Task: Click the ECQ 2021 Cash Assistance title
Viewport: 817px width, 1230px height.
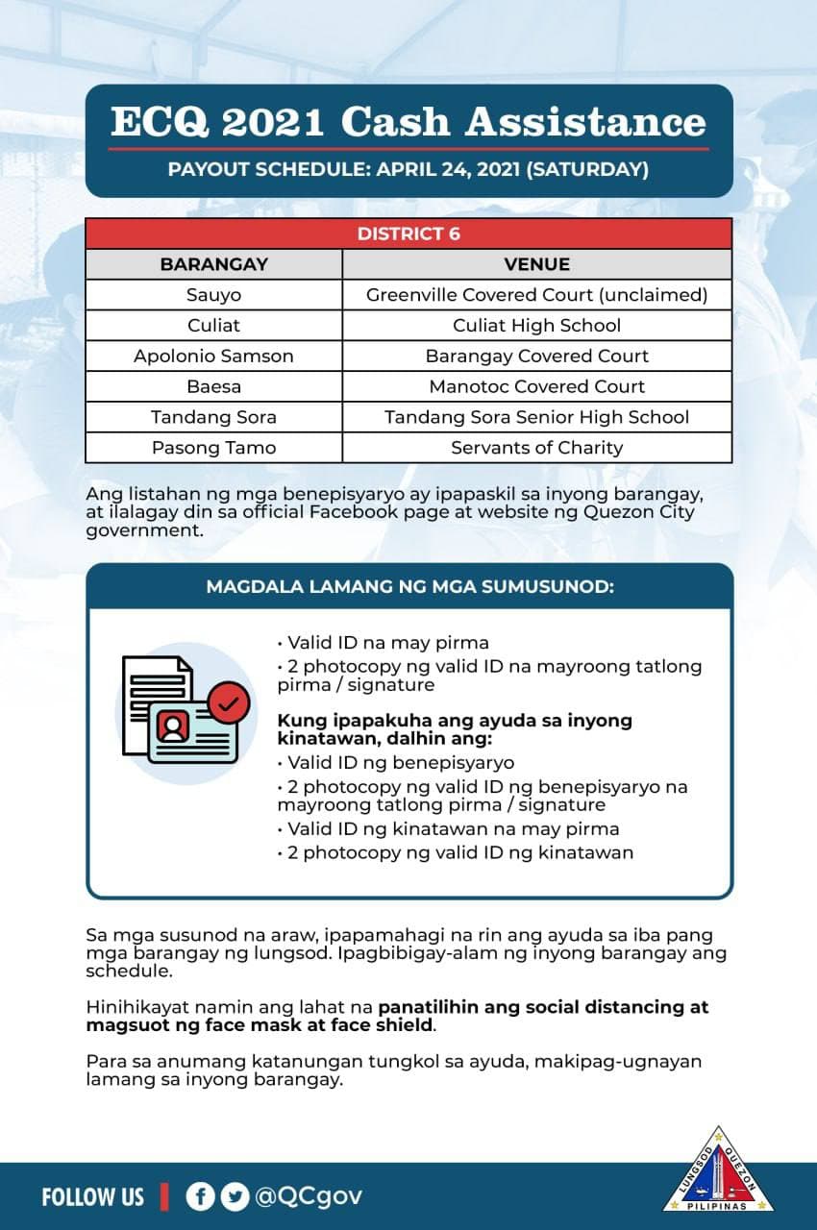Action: click(408, 123)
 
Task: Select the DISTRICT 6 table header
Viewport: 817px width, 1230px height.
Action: click(408, 234)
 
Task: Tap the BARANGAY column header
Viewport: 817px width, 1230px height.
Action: click(213, 264)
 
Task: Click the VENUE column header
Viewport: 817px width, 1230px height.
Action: click(536, 264)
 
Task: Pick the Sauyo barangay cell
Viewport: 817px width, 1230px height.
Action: click(213, 295)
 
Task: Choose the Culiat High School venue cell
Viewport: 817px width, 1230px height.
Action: click(536, 326)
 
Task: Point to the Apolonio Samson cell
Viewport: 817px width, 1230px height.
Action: click(213, 357)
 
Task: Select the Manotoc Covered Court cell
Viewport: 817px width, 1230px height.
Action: click(536, 387)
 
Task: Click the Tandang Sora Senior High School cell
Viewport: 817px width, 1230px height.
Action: click(536, 418)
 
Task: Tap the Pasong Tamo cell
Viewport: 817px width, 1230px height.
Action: click(213, 449)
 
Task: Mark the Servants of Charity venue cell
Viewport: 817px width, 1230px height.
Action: click(536, 449)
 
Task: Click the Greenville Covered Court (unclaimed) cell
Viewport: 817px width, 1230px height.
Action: click(536, 295)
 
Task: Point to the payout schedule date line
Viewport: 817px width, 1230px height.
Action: click(408, 171)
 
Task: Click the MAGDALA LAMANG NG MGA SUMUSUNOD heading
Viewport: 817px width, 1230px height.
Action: click(409, 586)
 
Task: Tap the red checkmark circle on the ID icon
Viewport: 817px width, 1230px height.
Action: click(228, 703)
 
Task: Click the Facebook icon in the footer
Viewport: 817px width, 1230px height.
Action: click(201, 1196)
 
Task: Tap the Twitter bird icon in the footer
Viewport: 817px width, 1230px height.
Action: click(234, 1196)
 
